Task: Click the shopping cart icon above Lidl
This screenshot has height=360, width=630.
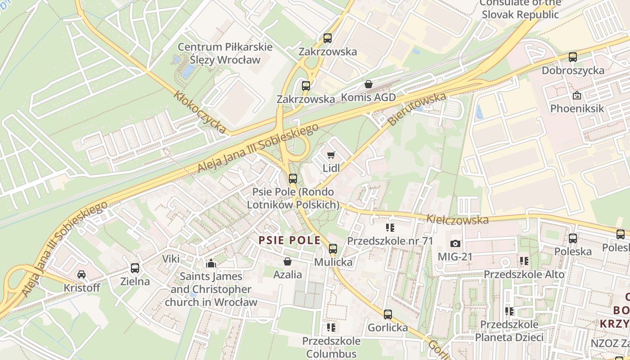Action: pyautogui.click(x=331, y=155)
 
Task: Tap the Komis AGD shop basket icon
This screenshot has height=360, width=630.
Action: pyautogui.click(x=369, y=84)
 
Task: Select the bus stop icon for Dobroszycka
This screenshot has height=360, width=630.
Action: pyautogui.click(x=572, y=57)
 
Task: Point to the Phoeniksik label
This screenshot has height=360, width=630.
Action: pyautogui.click(x=577, y=108)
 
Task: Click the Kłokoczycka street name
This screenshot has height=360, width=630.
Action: pyautogui.click(x=201, y=112)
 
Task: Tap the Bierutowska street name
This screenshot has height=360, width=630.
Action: pyautogui.click(x=417, y=109)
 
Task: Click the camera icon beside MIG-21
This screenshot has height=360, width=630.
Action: pyautogui.click(x=455, y=243)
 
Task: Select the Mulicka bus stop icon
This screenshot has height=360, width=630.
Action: pyautogui.click(x=333, y=248)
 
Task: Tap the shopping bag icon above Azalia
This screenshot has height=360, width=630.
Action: pyautogui.click(x=288, y=261)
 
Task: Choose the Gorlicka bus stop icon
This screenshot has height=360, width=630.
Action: pyautogui.click(x=388, y=314)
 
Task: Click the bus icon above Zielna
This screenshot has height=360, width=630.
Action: pyautogui.click(x=135, y=268)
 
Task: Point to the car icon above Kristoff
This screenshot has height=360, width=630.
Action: pyautogui.click(x=81, y=274)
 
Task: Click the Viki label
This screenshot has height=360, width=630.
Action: pyautogui.click(x=171, y=259)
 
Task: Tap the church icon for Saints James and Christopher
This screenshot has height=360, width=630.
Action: pyautogui.click(x=211, y=263)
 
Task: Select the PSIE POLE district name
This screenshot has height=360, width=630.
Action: pyautogui.click(x=289, y=240)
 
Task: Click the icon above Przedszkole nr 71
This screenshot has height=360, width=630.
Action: pyautogui.click(x=390, y=228)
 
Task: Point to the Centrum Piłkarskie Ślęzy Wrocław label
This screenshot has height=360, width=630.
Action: pyautogui.click(x=225, y=53)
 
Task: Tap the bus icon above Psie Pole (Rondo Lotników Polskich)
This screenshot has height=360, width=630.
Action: pyautogui.click(x=293, y=178)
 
